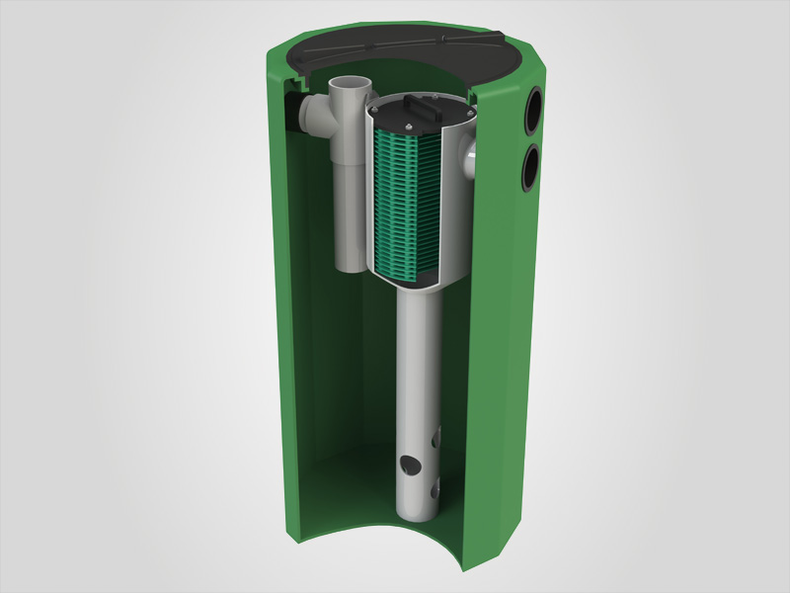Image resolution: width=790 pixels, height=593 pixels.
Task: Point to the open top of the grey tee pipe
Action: [x=351, y=88]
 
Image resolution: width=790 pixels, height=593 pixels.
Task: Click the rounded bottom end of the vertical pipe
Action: [x=420, y=524]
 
